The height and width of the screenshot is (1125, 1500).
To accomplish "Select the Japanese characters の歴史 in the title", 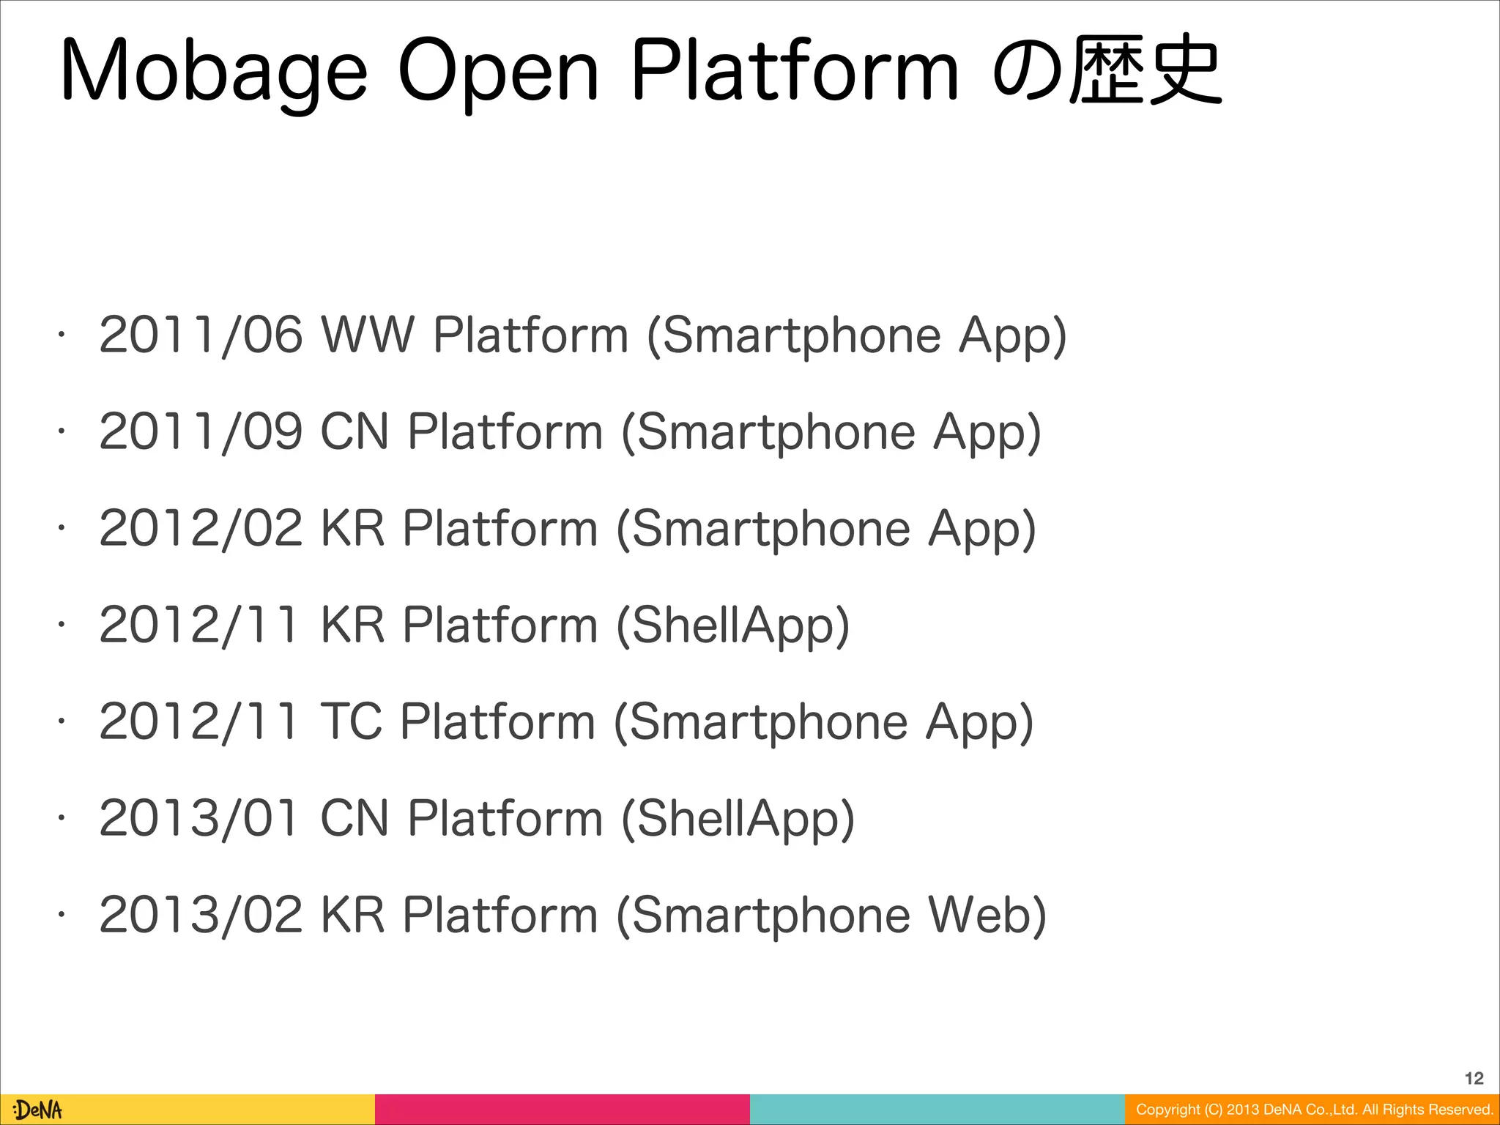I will click(1106, 71).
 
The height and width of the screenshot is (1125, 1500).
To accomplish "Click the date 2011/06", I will click(201, 335).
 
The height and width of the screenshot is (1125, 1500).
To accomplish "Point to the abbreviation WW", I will click(368, 335).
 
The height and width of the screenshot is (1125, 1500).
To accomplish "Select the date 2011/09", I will click(201, 432).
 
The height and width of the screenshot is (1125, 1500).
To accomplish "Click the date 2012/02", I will click(201, 529).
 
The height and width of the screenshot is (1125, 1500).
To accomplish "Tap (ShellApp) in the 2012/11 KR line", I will click(732, 626).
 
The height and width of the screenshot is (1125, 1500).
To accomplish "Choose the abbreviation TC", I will click(352, 722).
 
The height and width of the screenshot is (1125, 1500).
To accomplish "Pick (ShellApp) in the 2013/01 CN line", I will click(738, 820).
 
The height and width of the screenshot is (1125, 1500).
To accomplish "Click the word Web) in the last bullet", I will click(987, 916).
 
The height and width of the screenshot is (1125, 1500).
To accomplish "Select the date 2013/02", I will click(201, 916).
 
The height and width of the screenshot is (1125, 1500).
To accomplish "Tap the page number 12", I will click(1474, 1078).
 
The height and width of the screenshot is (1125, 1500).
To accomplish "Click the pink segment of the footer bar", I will click(562, 1110).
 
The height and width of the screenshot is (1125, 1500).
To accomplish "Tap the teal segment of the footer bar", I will click(937, 1110).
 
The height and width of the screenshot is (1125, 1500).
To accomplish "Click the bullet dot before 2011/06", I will click(63, 335).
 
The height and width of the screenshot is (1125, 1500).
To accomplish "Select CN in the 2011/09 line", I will click(354, 432).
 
